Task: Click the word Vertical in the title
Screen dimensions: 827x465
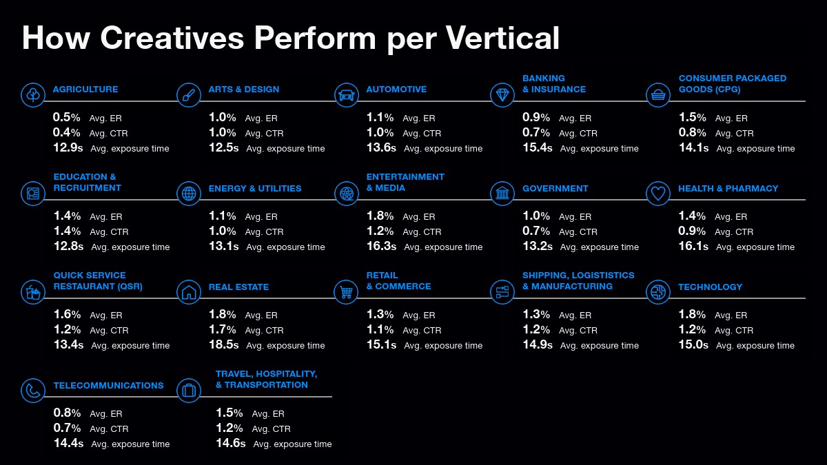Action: point(502,38)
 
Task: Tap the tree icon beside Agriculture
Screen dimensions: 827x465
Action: point(33,95)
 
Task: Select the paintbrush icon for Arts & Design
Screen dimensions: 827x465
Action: point(189,95)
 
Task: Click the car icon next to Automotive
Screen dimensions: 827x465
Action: point(346,95)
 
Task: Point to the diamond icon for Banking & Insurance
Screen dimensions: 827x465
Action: point(502,95)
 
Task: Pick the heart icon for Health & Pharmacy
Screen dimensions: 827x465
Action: point(658,194)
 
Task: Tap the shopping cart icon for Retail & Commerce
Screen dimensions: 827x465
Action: point(346,292)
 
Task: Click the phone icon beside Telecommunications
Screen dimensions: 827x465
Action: point(33,391)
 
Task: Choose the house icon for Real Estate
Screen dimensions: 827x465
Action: point(189,292)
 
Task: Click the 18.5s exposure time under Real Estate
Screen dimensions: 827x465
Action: point(224,344)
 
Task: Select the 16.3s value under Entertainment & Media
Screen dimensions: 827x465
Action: point(381,246)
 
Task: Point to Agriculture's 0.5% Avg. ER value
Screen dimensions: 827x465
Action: point(66,117)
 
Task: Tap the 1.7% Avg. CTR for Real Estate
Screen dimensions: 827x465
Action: point(222,329)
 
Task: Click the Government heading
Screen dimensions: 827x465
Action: point(555,189)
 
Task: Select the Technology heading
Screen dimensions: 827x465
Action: point(710,287)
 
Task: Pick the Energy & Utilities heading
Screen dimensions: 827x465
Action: point(255,189)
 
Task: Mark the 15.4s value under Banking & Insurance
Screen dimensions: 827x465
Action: point(538,147)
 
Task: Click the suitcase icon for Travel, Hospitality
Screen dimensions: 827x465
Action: point(189,391)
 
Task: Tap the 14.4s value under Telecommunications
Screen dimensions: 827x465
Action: point(69,443)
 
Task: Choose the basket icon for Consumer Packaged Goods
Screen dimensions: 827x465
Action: point(658,95)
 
